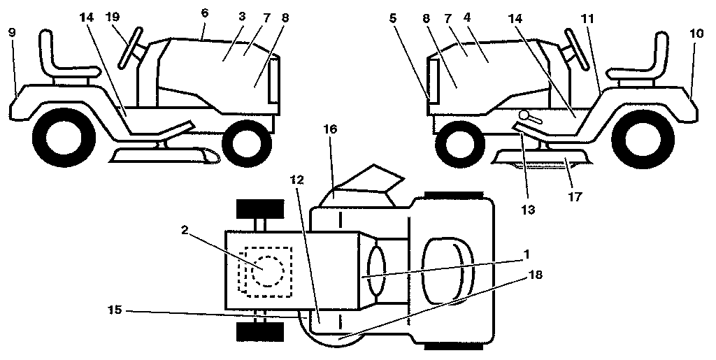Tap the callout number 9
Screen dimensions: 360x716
pos(12,31)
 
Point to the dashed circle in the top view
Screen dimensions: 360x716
pos(268,270)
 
